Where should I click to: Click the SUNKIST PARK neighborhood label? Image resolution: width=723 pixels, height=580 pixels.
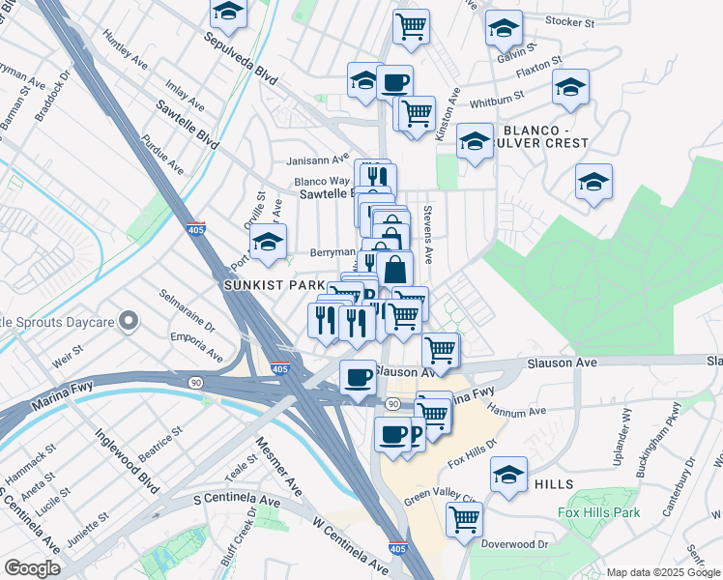(x=272, y=286)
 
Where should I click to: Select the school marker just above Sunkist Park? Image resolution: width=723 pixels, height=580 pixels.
(x=268, y=242)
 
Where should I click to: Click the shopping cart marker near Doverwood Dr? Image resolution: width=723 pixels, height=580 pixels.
(x=464, y=519)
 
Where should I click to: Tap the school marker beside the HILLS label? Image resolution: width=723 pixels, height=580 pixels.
(x=508, y=475)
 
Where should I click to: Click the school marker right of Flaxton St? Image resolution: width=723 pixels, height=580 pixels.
(x=570, y=87)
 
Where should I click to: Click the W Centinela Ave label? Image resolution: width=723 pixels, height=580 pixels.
(x=335, y=543)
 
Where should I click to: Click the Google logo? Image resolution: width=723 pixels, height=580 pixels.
(x=32, y=568)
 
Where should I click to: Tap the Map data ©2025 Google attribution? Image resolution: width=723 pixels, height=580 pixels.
(x=662, y=572)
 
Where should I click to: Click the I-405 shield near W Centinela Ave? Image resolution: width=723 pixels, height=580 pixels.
(x=396, y=548)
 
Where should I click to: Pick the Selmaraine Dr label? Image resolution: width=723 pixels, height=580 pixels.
(x=188, y=308)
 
